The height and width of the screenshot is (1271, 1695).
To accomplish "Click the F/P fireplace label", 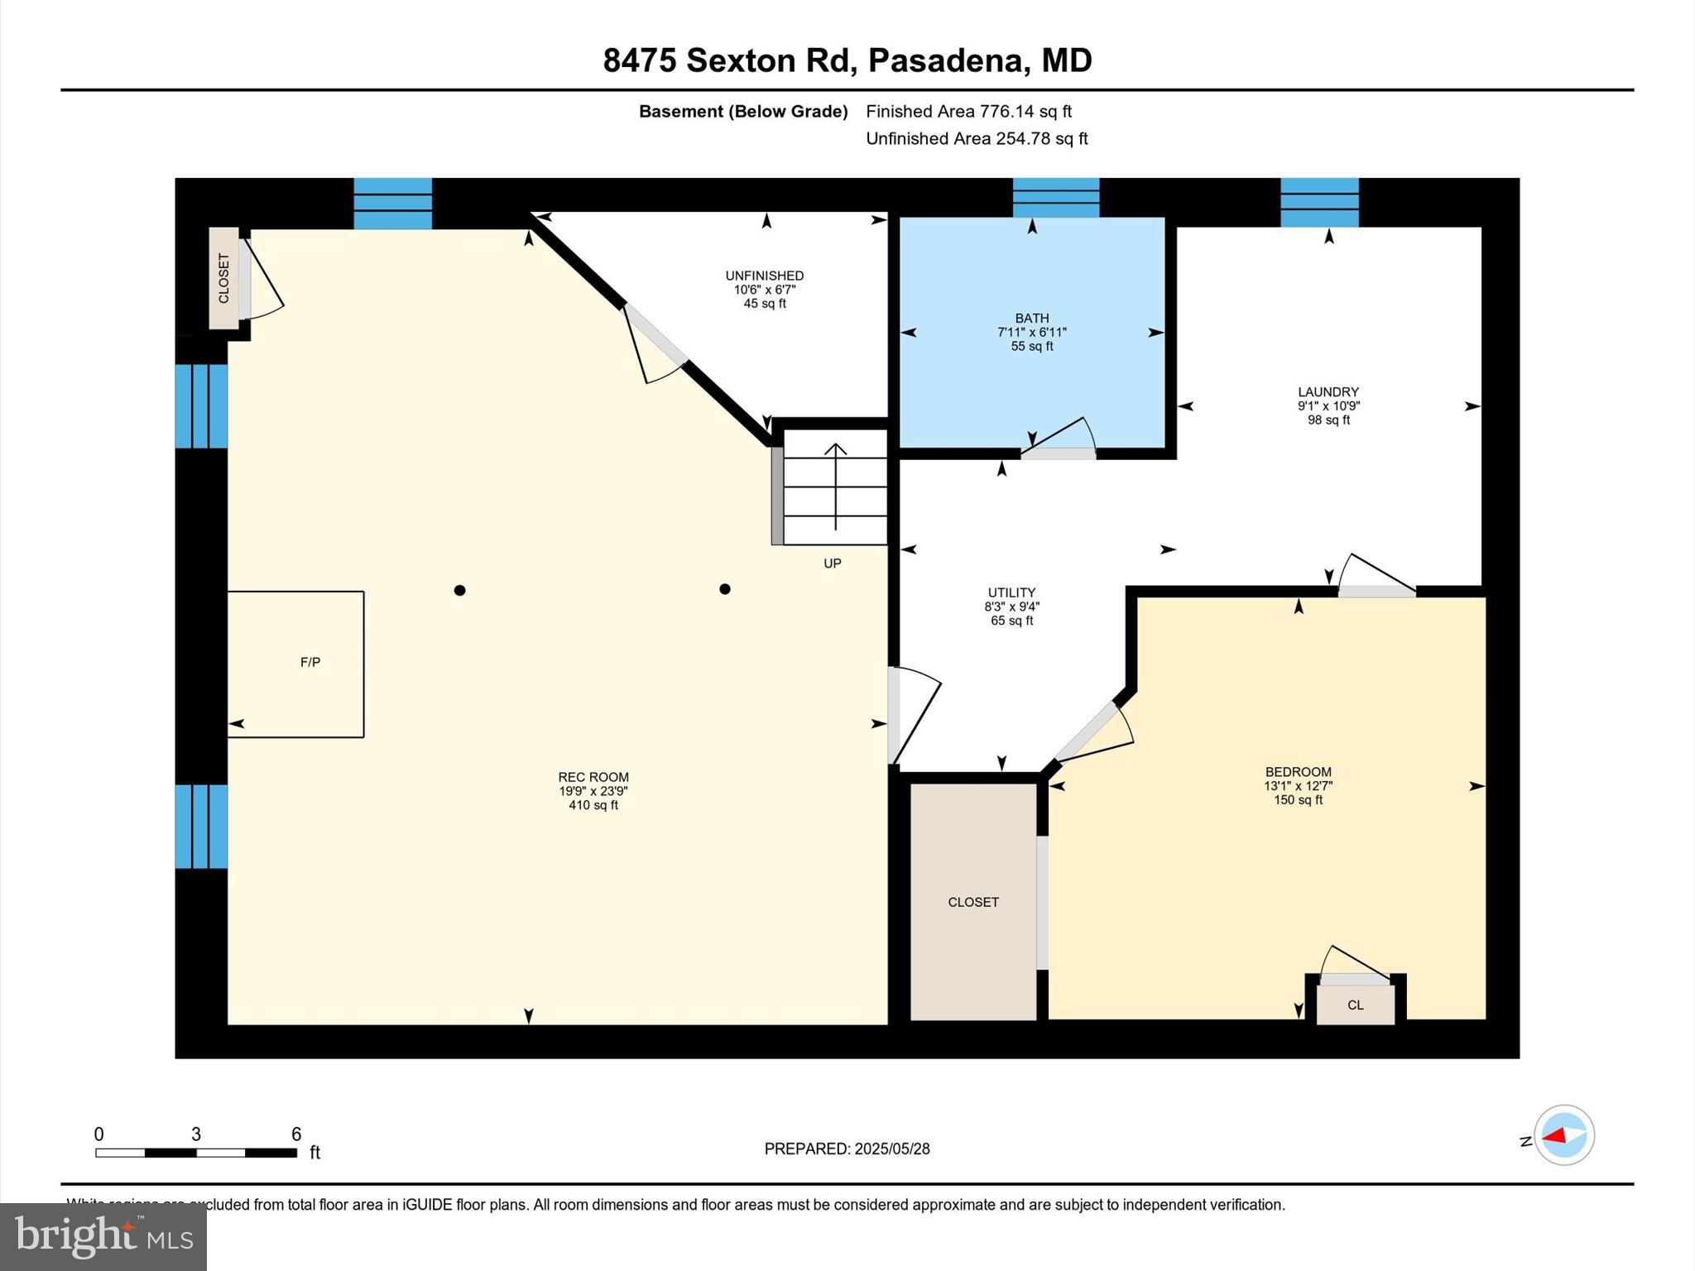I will click(x=310, y=662).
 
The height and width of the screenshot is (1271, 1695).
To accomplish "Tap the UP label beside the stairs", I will click(x=833, y=564).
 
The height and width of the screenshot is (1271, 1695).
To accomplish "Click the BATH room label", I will click(x=1032, y=319).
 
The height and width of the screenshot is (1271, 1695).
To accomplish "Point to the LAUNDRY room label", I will click(x=1328, y=392).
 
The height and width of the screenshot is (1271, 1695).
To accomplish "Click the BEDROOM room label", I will click(x=1298, y=772).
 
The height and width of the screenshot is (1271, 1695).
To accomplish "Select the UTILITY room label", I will click(x=1011, y=592).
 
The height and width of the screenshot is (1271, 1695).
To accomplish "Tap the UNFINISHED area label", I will click(x=765, y=276).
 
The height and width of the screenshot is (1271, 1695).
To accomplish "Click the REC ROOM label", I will click(x=593, y=777).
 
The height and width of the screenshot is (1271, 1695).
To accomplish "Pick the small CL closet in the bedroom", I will click(x=1356, y=1005).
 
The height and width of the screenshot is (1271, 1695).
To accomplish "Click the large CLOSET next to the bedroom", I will click(x=973, y=902).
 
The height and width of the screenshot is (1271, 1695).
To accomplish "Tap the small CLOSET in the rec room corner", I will click(x=223, y=279).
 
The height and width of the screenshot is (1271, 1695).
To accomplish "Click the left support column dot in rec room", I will click(x=460, y=590).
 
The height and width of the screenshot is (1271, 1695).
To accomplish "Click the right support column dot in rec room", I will click(x=725, y=589).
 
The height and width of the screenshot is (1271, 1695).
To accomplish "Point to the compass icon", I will click(x=1563, y=1135).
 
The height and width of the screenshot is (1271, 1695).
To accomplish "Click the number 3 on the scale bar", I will click(x=196, y=1134).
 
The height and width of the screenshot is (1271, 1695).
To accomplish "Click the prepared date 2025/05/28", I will click(x=892, y=1149).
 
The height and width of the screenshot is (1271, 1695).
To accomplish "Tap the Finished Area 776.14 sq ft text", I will click(x=968, y=112).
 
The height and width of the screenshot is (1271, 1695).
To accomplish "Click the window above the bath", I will click(x=1056, y=198).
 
